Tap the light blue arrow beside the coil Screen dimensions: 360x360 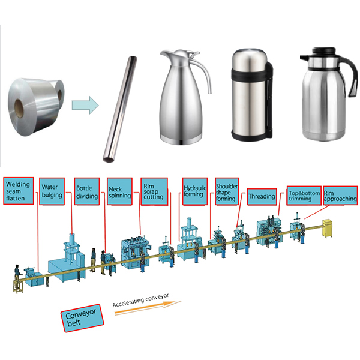[x=85, y=106]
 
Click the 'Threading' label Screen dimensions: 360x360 [x=262, y=196]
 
